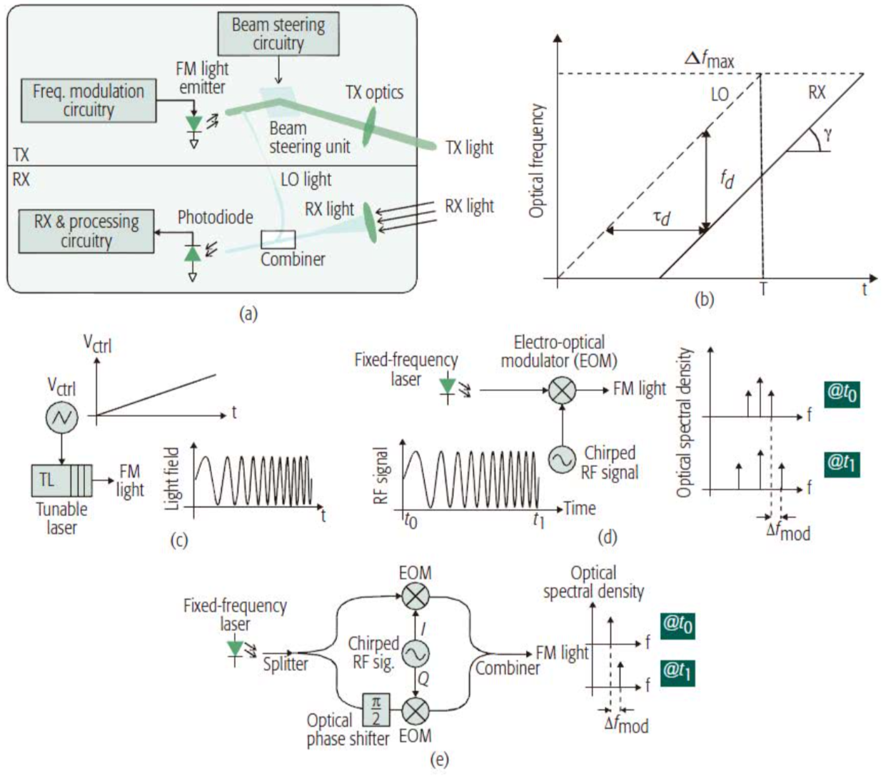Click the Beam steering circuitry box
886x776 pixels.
[x=278, y=34]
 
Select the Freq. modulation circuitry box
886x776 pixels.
[x=89, y=101]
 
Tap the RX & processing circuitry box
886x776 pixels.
[x=86, y=231]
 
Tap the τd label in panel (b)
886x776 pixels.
[x=662, y=217]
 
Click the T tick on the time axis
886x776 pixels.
[x=762, y=290]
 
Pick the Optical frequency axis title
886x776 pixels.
[x=538, y=161]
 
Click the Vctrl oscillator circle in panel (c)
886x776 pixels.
[x=61, y=418]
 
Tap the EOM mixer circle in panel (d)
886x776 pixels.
[x=562, y=390]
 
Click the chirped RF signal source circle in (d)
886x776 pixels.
[x=562, y=460]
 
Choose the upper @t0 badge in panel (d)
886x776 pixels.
[x=842, y=393]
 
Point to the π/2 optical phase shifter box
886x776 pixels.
[x=376, y=710]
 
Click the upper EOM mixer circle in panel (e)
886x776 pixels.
[x=416, y=597]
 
